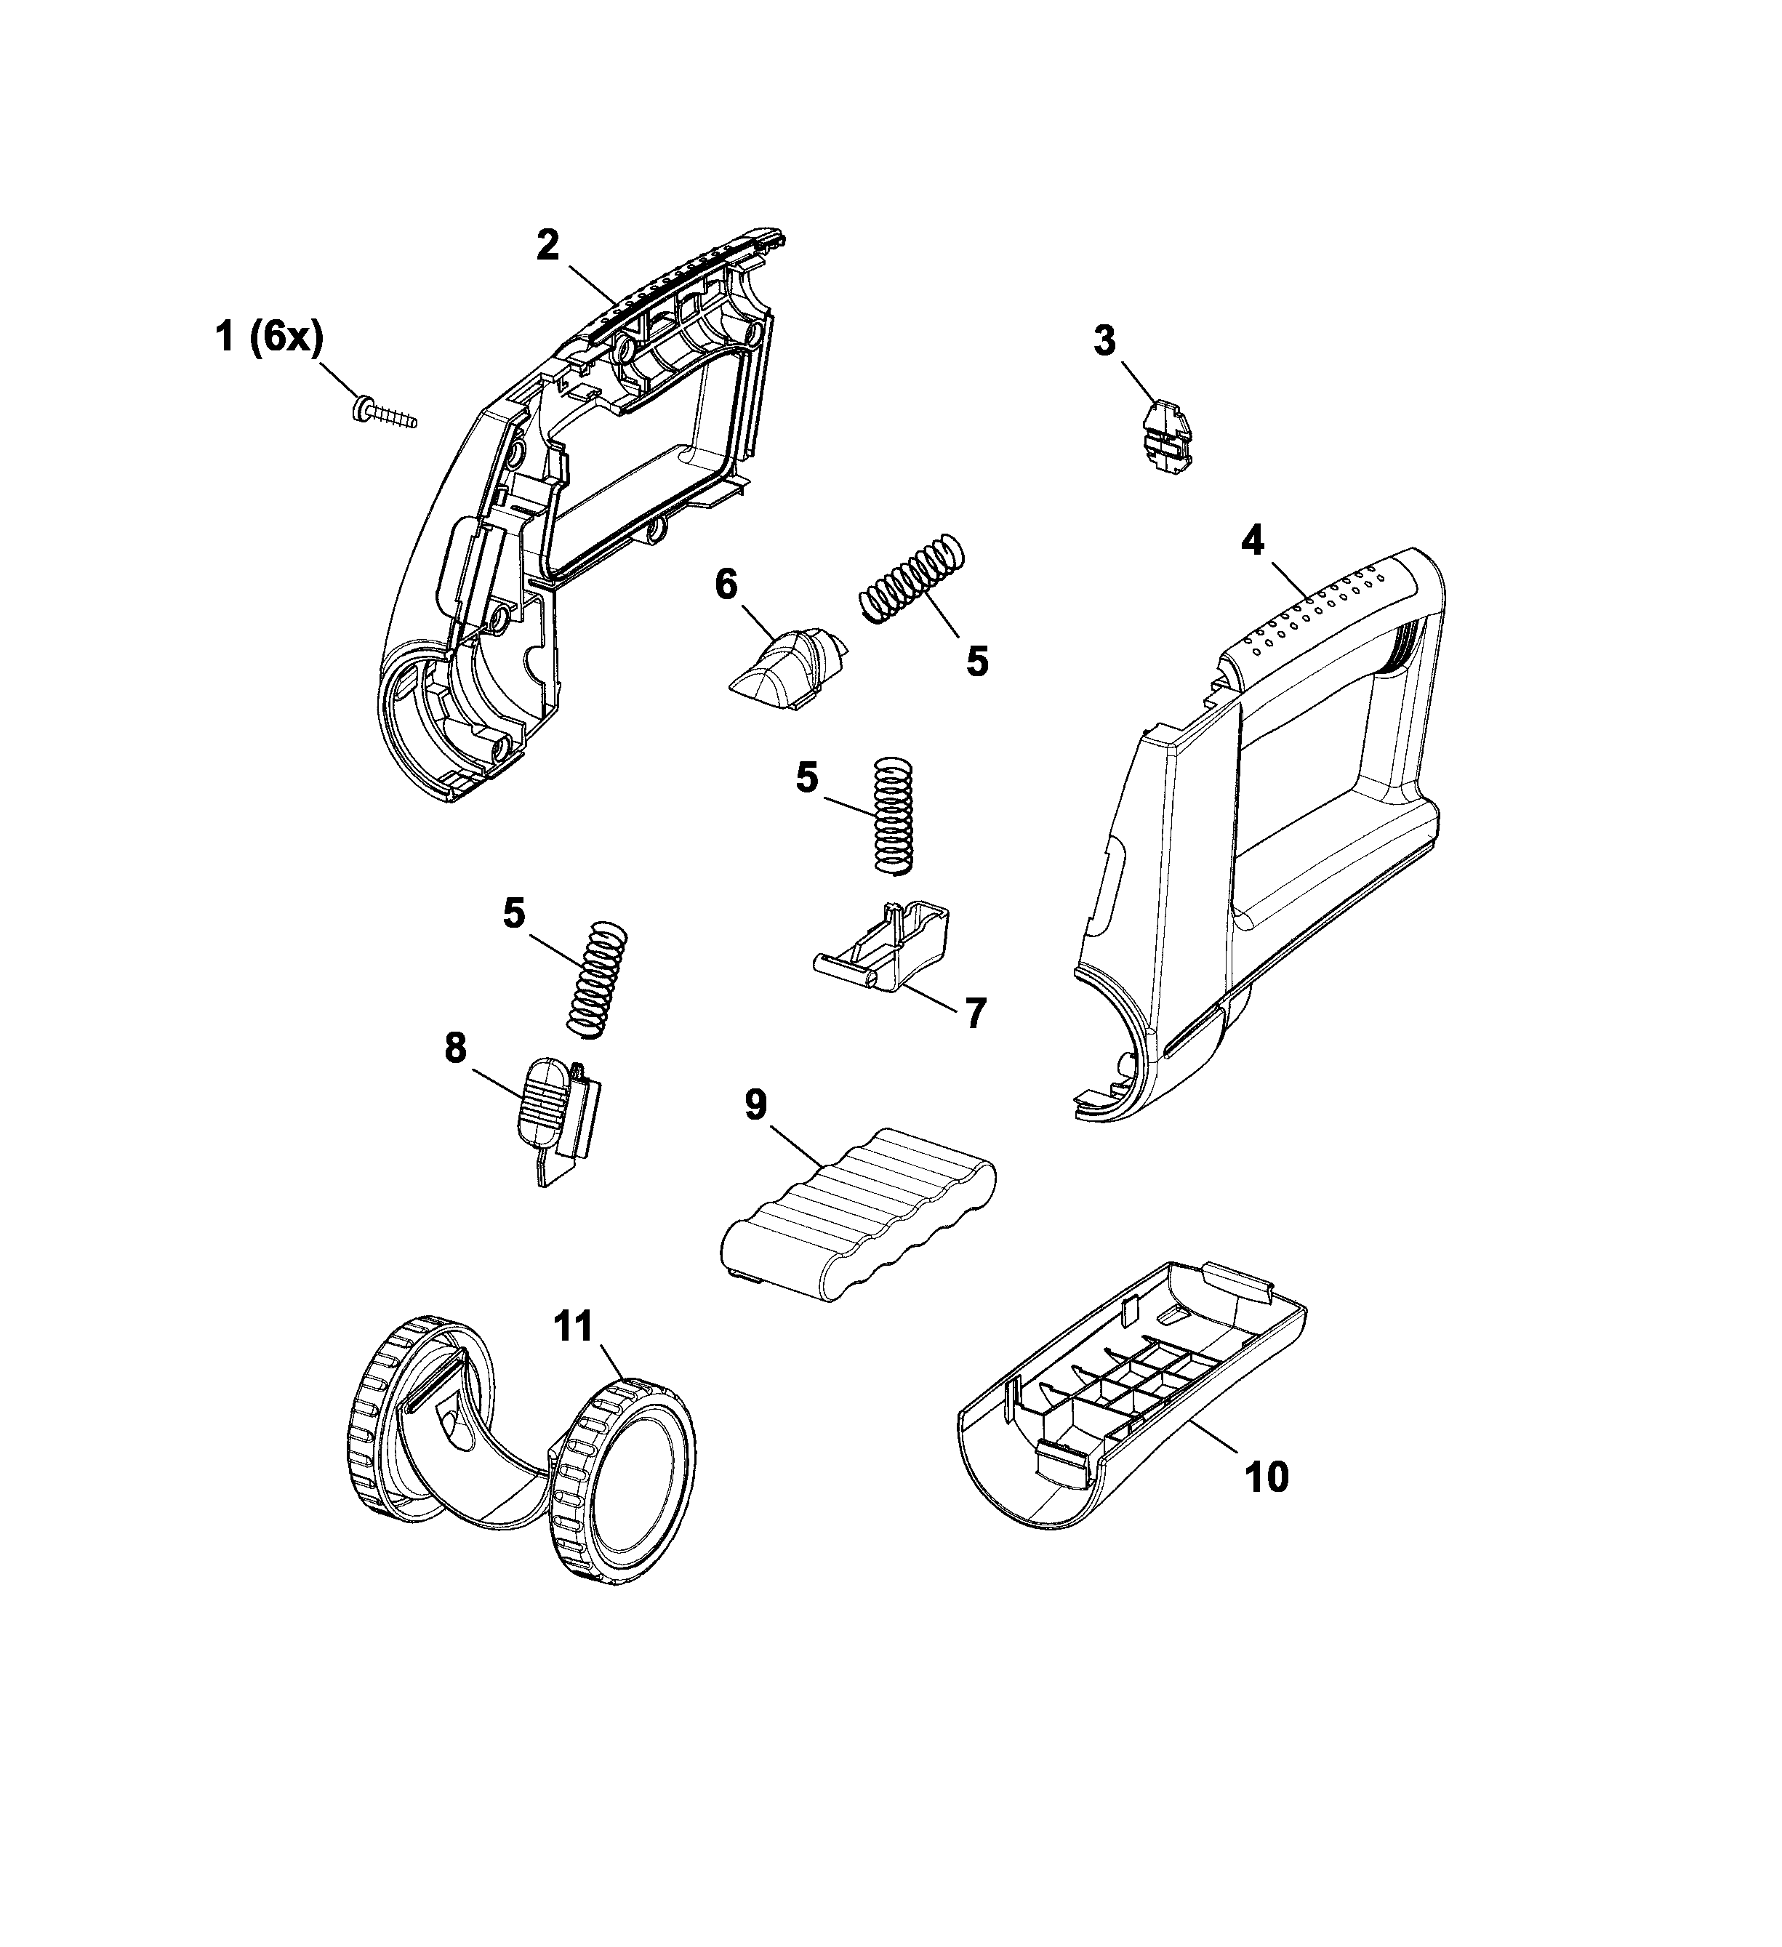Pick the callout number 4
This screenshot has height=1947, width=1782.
tap(1252, 542)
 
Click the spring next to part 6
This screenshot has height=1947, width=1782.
tap(912, 579)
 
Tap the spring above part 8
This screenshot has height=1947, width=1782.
tap(596, 979)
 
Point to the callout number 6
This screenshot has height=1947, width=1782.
tap(726, 585)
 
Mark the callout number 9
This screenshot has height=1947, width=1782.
tap(755, 1106)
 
